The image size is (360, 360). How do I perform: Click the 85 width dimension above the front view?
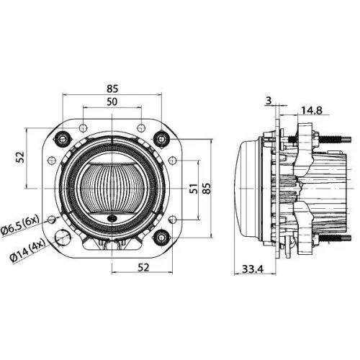click(113, 87)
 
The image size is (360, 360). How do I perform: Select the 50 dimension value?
click(113, 102)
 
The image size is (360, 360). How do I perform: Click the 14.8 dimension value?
click(312, 109)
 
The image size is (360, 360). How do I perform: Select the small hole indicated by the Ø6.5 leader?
click(50, 218)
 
